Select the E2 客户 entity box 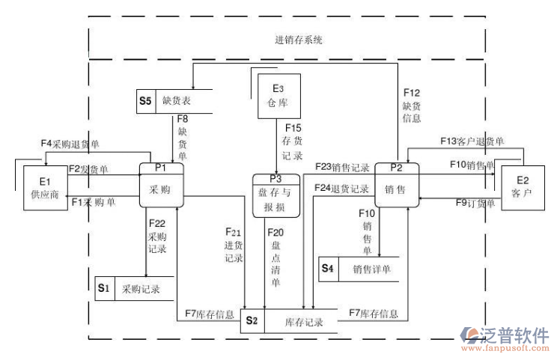coord(521,187)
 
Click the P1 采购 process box coord(160,185)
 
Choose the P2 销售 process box coord(395,185)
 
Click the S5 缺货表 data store coord(175,100)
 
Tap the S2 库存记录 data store coord(288,322)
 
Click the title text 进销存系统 coord(299,40)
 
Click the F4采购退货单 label coord(70,142)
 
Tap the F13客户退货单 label coord(472,141)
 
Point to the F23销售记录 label coord(342,167)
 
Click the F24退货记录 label coord(341,188)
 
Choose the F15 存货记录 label coord(292,142)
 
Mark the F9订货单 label coord(475,202)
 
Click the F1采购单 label coord(94,202)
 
